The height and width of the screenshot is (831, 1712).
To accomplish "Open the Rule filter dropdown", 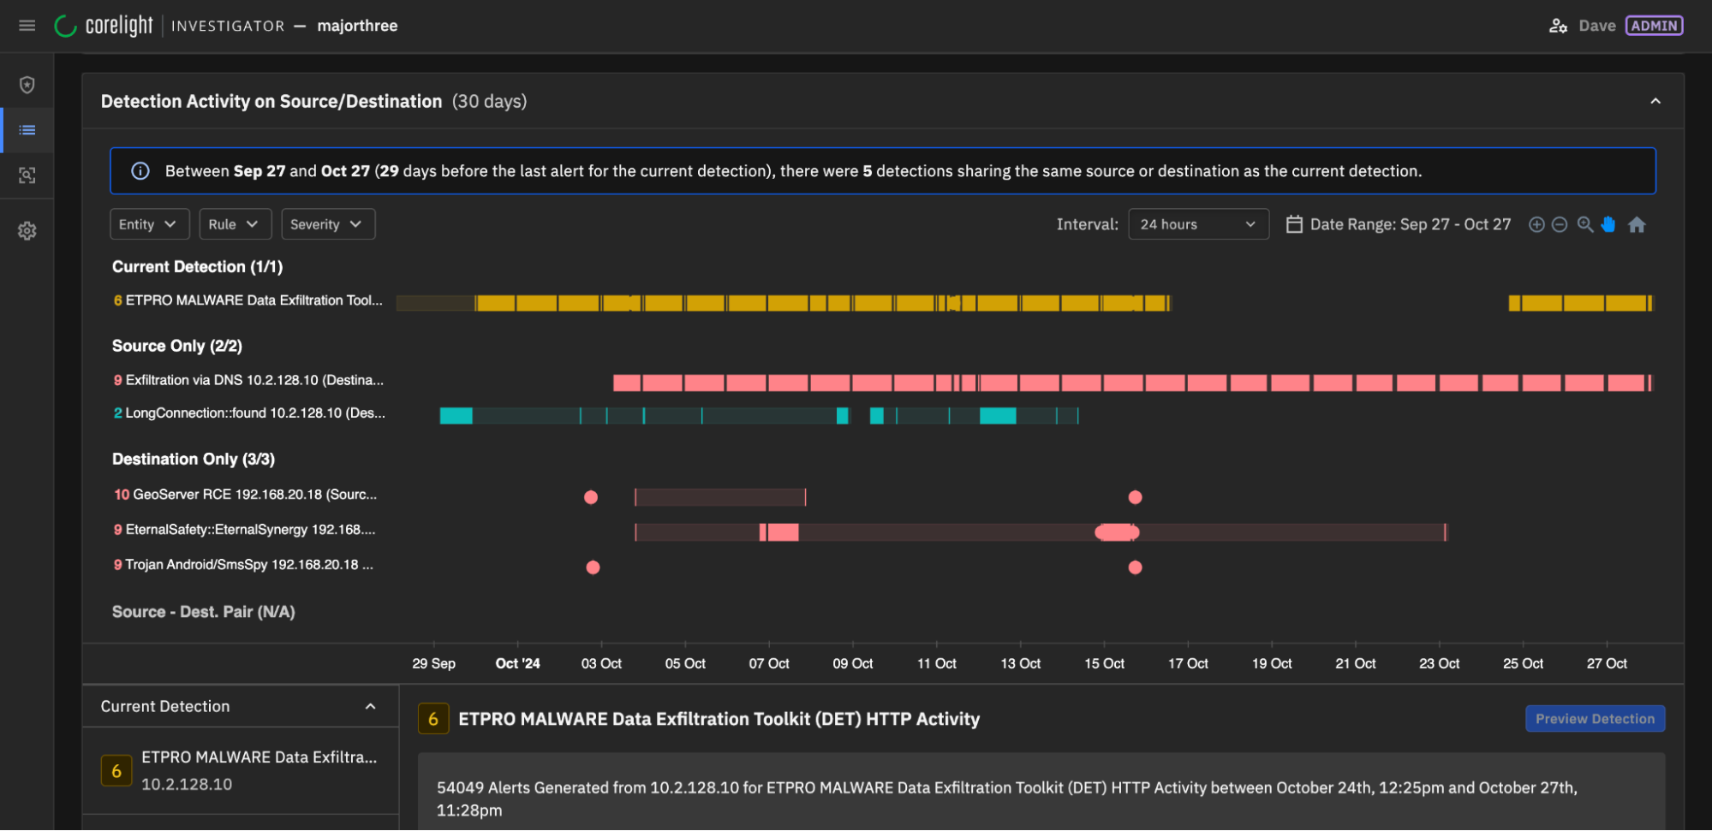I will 235,224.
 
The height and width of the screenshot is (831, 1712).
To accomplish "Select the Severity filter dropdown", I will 327,224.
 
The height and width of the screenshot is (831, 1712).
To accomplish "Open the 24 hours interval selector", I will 1197,224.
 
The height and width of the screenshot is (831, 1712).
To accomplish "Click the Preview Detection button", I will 1594,719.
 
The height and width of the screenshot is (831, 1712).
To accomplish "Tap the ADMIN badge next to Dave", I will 1654,26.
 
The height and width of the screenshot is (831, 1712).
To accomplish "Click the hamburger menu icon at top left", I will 27,26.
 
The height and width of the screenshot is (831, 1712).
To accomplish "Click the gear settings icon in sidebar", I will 27,231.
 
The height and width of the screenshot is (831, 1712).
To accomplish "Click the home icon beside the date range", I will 1637,224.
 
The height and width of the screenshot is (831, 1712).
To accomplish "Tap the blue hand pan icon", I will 1608,224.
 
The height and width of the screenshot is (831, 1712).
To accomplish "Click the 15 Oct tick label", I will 1104,663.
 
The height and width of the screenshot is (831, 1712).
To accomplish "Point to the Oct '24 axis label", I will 517,663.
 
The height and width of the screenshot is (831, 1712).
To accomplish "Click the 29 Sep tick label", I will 433,663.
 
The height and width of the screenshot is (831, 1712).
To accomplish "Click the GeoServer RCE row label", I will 246,495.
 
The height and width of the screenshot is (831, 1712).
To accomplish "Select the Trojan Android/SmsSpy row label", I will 244,565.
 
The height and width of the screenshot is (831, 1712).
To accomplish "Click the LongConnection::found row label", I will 250,413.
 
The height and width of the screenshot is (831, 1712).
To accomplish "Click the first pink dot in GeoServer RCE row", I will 591,497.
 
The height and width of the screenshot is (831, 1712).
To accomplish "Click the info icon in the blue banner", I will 140,171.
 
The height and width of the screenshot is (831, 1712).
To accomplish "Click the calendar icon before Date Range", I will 1294,224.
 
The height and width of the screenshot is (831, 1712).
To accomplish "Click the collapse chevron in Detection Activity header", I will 1655,101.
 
